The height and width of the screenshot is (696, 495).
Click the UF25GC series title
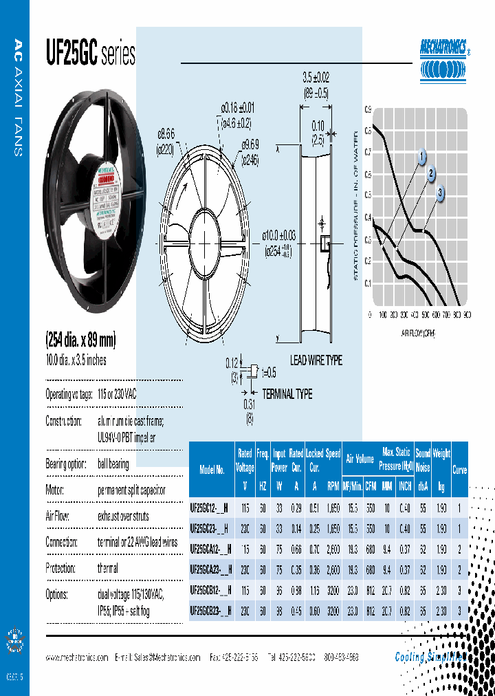tap(90, 54)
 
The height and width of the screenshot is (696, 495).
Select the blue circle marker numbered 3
tap(441, 192)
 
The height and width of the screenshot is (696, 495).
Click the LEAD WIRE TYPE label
tap(316, 360)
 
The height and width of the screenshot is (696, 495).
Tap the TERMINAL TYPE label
tap(288, 394)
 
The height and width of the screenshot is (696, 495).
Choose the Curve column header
tap(459, 470)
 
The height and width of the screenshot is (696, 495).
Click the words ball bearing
tap(113, 464)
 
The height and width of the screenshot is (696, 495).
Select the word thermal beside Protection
tap(107, 569)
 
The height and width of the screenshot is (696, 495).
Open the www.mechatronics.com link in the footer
tap(77, 657)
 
